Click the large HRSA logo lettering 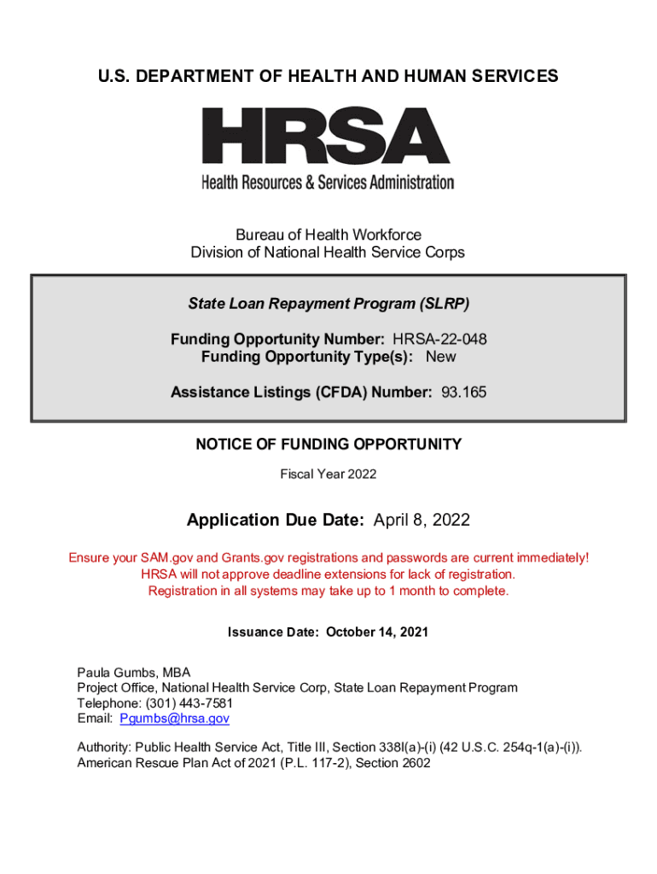point(327,137)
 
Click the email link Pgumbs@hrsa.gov point(174,719)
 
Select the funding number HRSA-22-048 point(439,340)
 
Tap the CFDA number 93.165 point(464,393)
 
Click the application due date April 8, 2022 point(420,520)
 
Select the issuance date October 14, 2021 point(376,632)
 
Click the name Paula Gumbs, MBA point(134,673)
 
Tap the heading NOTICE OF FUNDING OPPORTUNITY point(328,445)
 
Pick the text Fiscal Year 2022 point(328,474)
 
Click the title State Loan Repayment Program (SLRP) point(328,304)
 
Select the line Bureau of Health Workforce point(328,235)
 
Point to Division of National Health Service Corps point(328,253)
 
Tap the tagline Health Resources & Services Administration point(328,182)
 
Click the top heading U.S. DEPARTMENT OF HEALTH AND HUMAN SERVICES point(328,77)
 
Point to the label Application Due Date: point(276,520)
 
